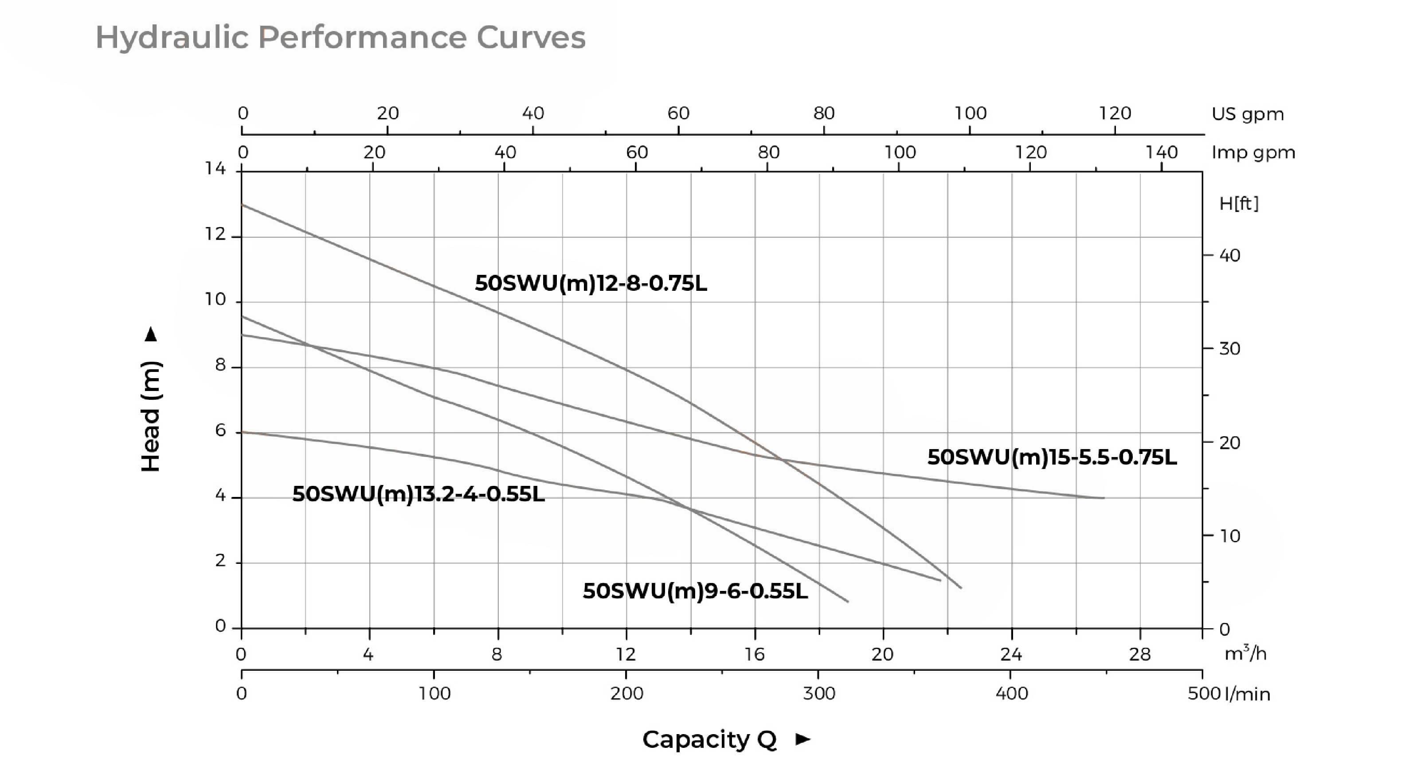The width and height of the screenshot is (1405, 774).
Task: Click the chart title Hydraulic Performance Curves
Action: [x=340, y=38]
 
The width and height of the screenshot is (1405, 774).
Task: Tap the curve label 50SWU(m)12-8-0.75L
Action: [x=591, y=283]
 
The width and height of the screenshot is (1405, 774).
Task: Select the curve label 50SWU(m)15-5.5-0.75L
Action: [x=1052, y=457]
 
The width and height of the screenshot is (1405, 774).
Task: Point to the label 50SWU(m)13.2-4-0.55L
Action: [x=419, y=494]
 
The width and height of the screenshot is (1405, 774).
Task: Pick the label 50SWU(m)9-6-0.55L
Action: [x=695, y=591]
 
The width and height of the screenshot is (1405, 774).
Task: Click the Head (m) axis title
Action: [x=151, y=416]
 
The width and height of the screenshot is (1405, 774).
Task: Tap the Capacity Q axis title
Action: [x=709, y=739]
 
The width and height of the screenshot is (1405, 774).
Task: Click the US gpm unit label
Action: [x=1247, y=114]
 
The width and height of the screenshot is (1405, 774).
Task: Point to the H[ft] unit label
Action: [x=1239, y=203]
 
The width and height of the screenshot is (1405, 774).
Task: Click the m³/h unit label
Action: [x=1245, y=653]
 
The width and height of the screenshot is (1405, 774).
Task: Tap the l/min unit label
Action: [x=1247, y=694]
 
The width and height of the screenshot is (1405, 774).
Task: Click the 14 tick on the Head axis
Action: [x=215, y=168]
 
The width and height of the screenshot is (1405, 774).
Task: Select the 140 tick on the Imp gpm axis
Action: [x=1161, y=152]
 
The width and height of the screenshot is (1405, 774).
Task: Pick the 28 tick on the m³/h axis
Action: [x=1139, y=653]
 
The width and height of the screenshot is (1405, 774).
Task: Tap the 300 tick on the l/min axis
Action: [x=819, y=694]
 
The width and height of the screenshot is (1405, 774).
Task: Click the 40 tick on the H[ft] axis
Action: [x=1229, y=255]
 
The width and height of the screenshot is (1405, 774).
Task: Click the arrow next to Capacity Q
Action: [x=803, y=739]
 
